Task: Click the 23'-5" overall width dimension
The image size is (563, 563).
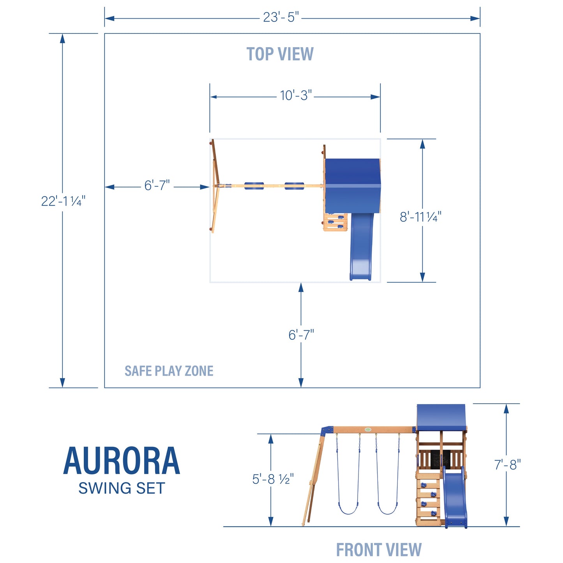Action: pyautogui.click(x=281, y=18)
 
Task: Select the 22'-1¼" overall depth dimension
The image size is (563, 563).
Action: pyautogui.click(x=63, y=201)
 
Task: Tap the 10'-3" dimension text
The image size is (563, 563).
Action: pyautogui.click(x=296, y=95)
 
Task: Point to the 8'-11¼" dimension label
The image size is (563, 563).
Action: pyautogui.click(x=420, y=217)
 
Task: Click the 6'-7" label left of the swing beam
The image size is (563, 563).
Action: pyautogui.click(x=157, y=185)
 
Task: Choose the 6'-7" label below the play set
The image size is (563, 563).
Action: pyautogui.click(x=301, y=335)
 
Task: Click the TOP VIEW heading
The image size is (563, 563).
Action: pyautogui.click(x=280, y=54)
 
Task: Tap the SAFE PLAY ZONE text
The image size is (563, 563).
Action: pyautogui.click(x=169, y=371)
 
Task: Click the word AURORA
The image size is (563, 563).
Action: pyautogui.click(x=122, y=461)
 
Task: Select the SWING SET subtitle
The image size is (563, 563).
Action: pyautogui.click(x=122, y=488)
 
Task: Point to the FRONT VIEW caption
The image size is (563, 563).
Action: pyautogui.click(x=379, y=550)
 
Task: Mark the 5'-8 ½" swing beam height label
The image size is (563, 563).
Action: pyautogui.click(x=273, y=479)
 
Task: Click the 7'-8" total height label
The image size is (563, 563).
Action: pyautogui.click(x=507, y=465)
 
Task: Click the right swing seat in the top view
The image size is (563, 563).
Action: pyautogui.click(x=294, y=186)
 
